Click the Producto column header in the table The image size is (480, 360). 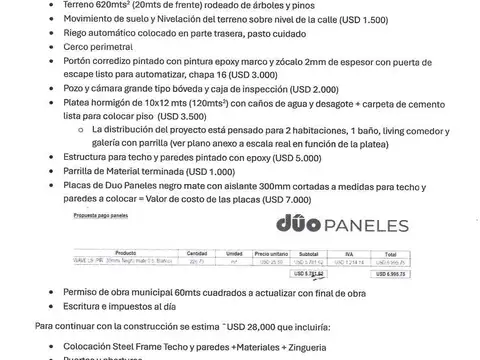point(126,253)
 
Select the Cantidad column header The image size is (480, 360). point(197,253)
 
